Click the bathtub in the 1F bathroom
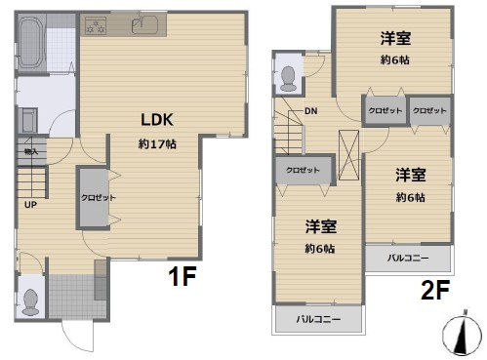[x=30, y=43]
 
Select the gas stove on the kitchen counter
[x=97, y=26]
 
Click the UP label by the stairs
[x=30, y=206]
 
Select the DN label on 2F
[x=309, y=111]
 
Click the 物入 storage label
[x=30, y=151]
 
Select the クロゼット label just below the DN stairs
[x=304, y=169]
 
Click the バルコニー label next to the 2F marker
[x=409, y=259]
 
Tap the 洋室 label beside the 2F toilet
[x=395, y=39]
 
